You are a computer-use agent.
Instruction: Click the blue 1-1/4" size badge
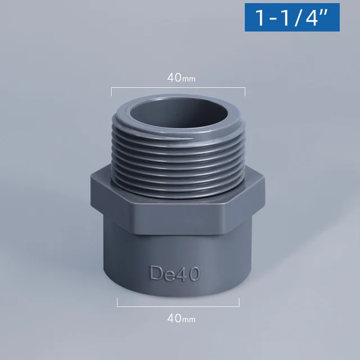tap(292, 17)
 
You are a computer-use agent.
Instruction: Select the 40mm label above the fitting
tap(181, 78)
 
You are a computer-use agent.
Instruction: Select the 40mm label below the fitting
tap(181, 318)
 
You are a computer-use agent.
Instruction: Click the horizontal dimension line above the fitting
tap(178, 87)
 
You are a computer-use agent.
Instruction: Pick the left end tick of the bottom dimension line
tap(117, 303)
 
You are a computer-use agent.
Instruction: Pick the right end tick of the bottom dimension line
tap(240, 303)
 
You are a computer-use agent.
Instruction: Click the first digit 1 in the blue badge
tap(262, 18)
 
